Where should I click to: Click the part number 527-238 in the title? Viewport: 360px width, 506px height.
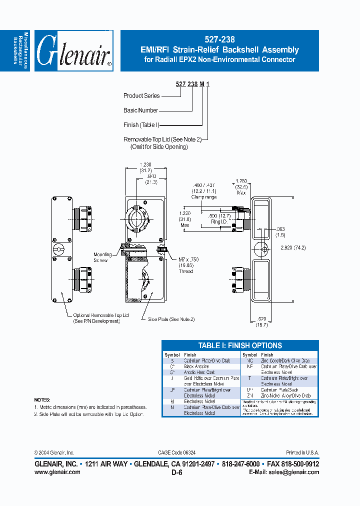tap(220, 39)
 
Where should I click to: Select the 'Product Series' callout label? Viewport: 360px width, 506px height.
tap(141, 95)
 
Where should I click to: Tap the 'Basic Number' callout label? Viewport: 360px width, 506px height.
tap(141, 110)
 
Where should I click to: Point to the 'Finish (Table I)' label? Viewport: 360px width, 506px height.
tap(141, 125)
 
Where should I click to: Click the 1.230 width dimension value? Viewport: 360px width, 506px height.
tap(145, 164)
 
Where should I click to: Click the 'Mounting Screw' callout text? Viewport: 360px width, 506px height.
tap(103, 257)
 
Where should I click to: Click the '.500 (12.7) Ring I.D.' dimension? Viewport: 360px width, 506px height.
tap(218, 218)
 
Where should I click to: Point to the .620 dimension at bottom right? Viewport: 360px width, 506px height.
tap(262, 318)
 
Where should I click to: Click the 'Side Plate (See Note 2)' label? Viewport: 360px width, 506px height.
tap(171, 318)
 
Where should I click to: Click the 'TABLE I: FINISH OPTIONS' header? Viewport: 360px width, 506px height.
tap(240, 345)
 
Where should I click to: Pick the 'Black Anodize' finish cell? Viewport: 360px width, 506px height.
tap(196, 366)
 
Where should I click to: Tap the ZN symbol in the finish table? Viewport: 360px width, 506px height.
tap(249, 395)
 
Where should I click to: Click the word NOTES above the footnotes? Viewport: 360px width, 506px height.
tap(42, 400)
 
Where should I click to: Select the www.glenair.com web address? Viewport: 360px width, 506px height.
tap(57, 472)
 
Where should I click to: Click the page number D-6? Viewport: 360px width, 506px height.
tap(176, 472)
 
